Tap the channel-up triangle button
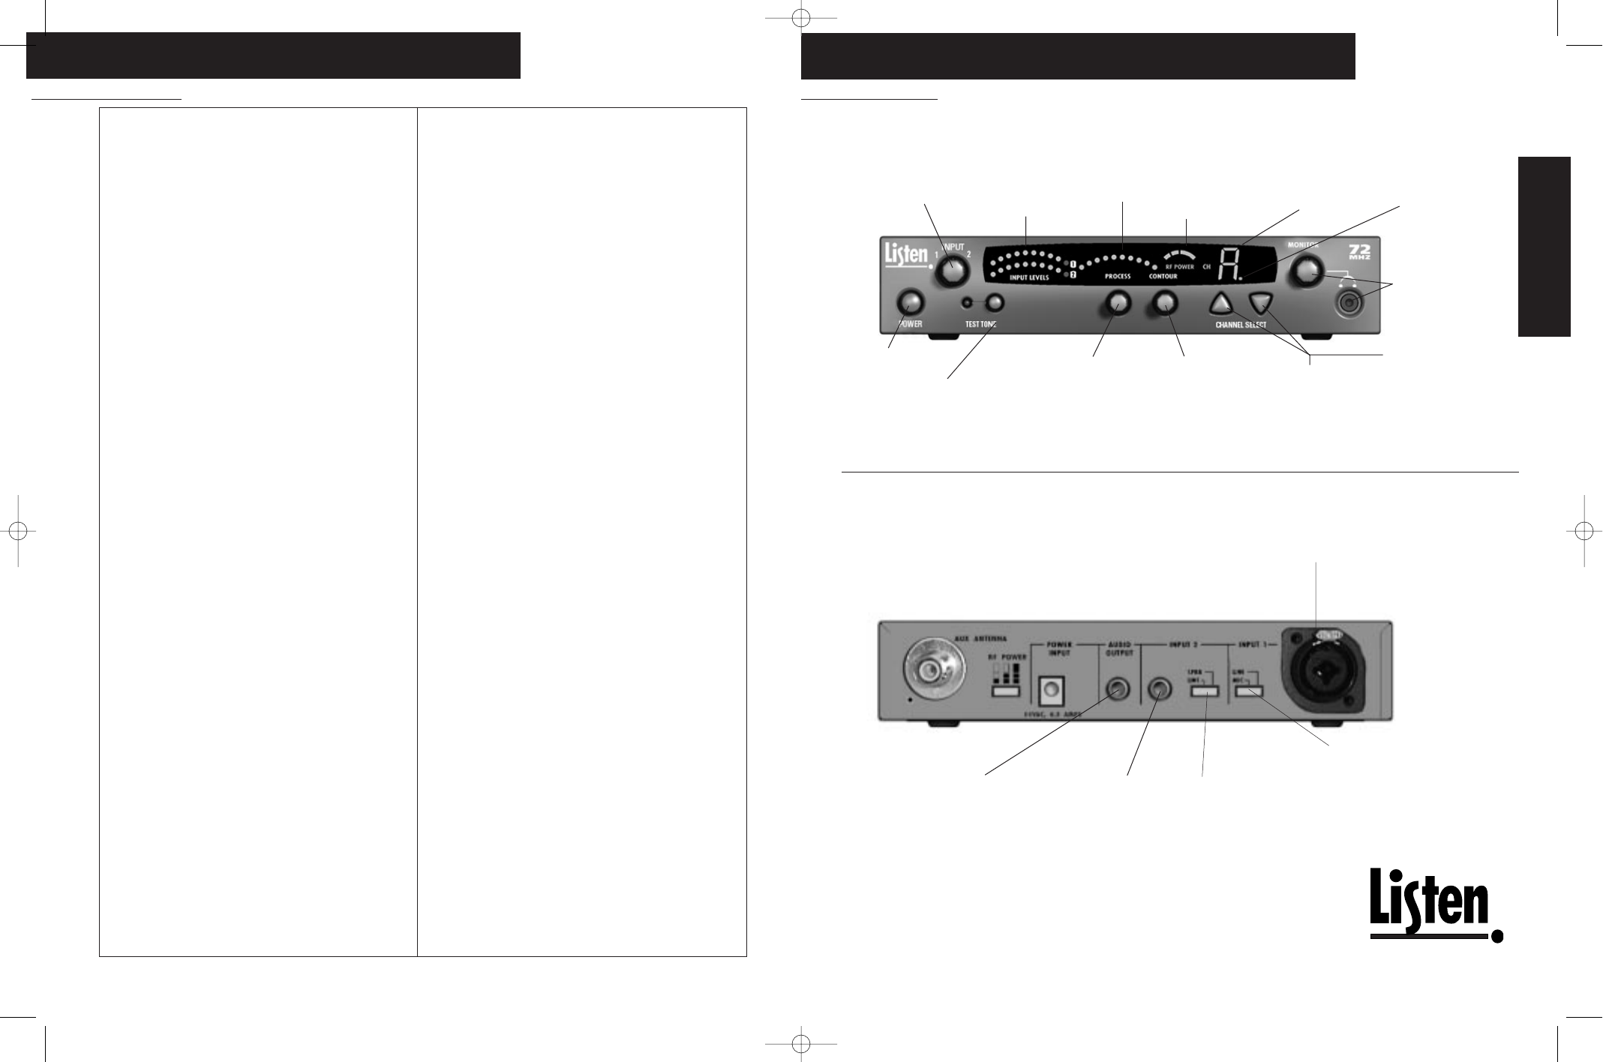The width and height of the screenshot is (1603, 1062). pos(1221,303)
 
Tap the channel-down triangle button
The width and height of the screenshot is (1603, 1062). pos(1262,303)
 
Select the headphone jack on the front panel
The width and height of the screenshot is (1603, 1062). pos(1349,303)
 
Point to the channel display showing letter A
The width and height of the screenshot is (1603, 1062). pos(1228,265)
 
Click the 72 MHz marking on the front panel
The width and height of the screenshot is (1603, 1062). pos(1359,251)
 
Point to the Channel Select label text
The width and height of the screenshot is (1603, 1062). pos(1240,325)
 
